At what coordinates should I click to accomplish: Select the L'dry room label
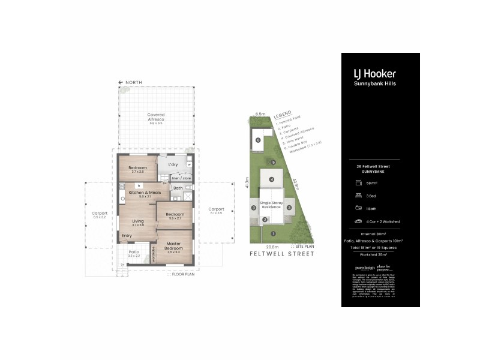[173, 164]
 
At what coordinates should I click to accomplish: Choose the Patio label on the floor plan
[134, 252]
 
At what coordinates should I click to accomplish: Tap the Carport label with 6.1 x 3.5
[216, 210]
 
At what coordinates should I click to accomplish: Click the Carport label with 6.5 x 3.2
[99, 212]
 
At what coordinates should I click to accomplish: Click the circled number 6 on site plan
[258, 140]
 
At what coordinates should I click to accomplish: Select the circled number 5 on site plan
[273, 162]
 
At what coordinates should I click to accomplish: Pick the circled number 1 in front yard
[272, 233]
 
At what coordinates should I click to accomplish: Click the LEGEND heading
[282, 115]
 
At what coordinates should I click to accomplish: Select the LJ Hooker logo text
[374, 74]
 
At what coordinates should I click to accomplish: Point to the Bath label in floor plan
[178, 188]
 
